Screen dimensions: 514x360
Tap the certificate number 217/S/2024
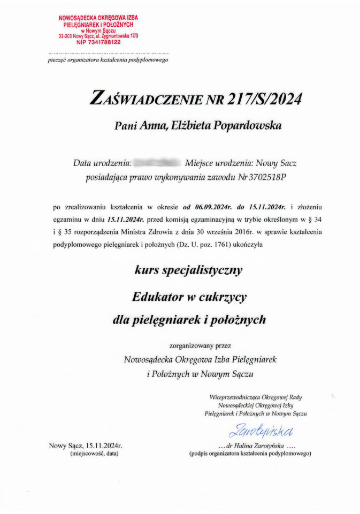(265, 99)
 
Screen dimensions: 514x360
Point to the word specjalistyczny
(204, 270)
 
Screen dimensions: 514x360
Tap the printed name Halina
(250, 445)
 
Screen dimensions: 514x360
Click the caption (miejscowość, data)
(94, 453)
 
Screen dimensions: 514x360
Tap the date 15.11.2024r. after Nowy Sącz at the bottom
(103, 445)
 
